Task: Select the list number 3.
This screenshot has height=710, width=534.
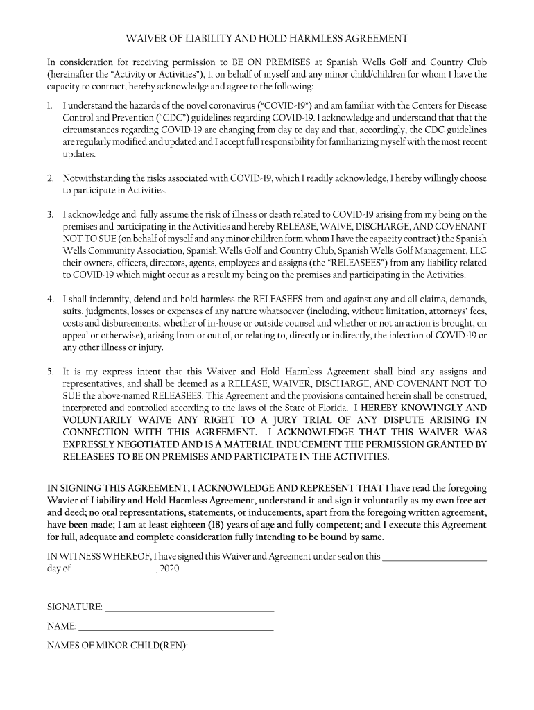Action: point(51,215)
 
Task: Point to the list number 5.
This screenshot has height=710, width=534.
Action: point(51,372)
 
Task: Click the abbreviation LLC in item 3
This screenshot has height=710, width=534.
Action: point(477,251)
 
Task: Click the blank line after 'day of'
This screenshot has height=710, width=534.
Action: point(114,570)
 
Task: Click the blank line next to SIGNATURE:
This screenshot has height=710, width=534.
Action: point(189,608)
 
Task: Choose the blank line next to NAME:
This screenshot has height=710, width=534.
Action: point(176,627)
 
